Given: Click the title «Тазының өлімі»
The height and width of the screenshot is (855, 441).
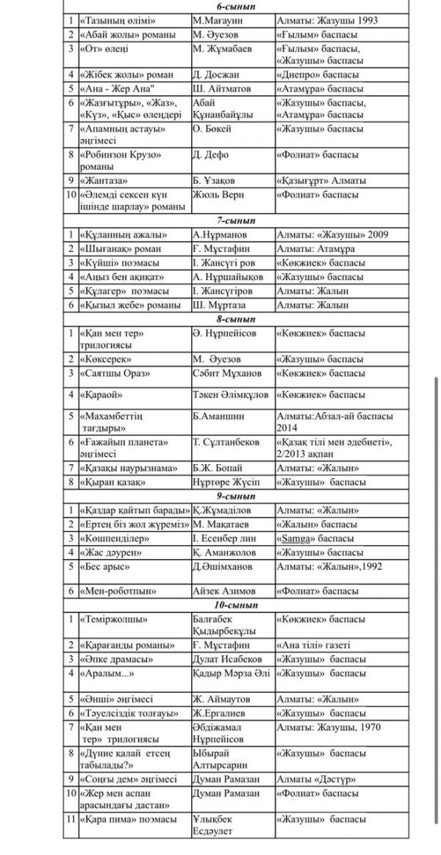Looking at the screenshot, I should (x=116, y=21).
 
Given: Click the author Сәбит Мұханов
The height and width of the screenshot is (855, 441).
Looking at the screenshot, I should (x=229, y=373).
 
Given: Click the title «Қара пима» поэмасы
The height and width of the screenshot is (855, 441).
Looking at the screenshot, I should (x=127, y=819).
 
